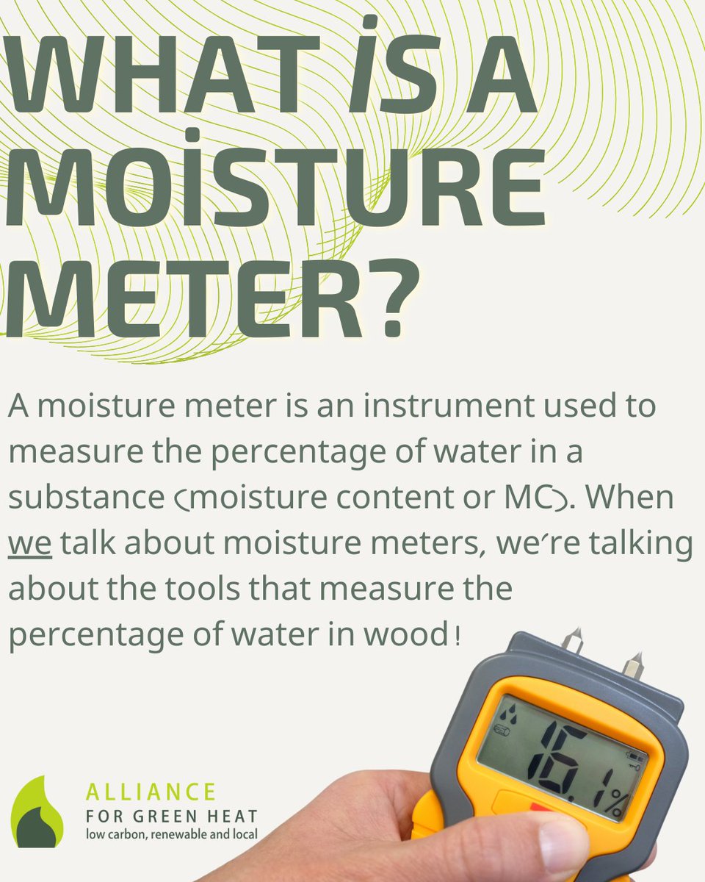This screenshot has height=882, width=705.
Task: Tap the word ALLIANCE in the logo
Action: pyautogui.click(x=151, y=792)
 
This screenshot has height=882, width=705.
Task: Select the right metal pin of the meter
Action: pyautogui.click(x=633, y=667)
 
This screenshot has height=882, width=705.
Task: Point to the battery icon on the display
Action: pyautogui.click(x=634, y=757)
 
